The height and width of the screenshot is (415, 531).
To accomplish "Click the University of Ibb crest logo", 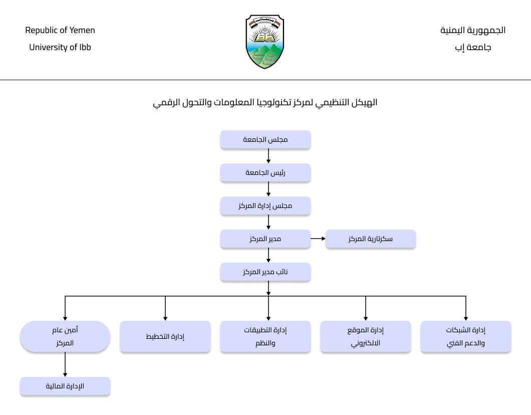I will coord(265,42).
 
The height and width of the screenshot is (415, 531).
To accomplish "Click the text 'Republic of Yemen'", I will coord(60,30).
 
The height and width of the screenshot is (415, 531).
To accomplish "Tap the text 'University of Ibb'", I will coord(60,47).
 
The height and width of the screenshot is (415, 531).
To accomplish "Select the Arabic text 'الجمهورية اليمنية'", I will coord(473,30).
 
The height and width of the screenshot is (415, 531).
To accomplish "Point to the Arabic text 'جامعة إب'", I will coord(473,47).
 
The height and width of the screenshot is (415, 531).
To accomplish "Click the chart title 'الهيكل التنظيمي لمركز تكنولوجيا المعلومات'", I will coord(265,102).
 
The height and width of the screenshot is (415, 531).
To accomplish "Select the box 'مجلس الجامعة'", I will coord(266,139).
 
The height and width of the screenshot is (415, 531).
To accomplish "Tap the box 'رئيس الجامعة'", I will coord(266,172).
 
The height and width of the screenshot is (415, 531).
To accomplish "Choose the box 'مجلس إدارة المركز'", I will coord(266,205).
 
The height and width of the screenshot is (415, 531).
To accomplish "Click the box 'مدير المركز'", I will coord(266,239).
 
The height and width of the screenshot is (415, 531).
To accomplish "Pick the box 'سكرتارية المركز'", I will coord(371,239).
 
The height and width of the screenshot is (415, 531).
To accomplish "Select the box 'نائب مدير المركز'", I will coord(266,272).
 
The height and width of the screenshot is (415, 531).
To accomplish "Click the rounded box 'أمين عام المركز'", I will coord(65,336).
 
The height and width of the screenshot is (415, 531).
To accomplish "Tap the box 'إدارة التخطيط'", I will coord(165,336).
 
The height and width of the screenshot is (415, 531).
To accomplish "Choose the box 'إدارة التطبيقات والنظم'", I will coord(266,336).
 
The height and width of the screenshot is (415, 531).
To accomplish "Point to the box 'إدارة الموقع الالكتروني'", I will coord(366,336).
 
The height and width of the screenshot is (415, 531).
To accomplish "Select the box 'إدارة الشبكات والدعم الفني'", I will coord(466,336).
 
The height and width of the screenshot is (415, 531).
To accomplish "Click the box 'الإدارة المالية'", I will coord(65,386).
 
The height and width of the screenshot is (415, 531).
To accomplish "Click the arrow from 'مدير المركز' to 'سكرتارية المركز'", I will coord(318,239).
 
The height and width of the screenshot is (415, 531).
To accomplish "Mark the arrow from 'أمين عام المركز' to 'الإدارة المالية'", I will coord(65,364).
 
